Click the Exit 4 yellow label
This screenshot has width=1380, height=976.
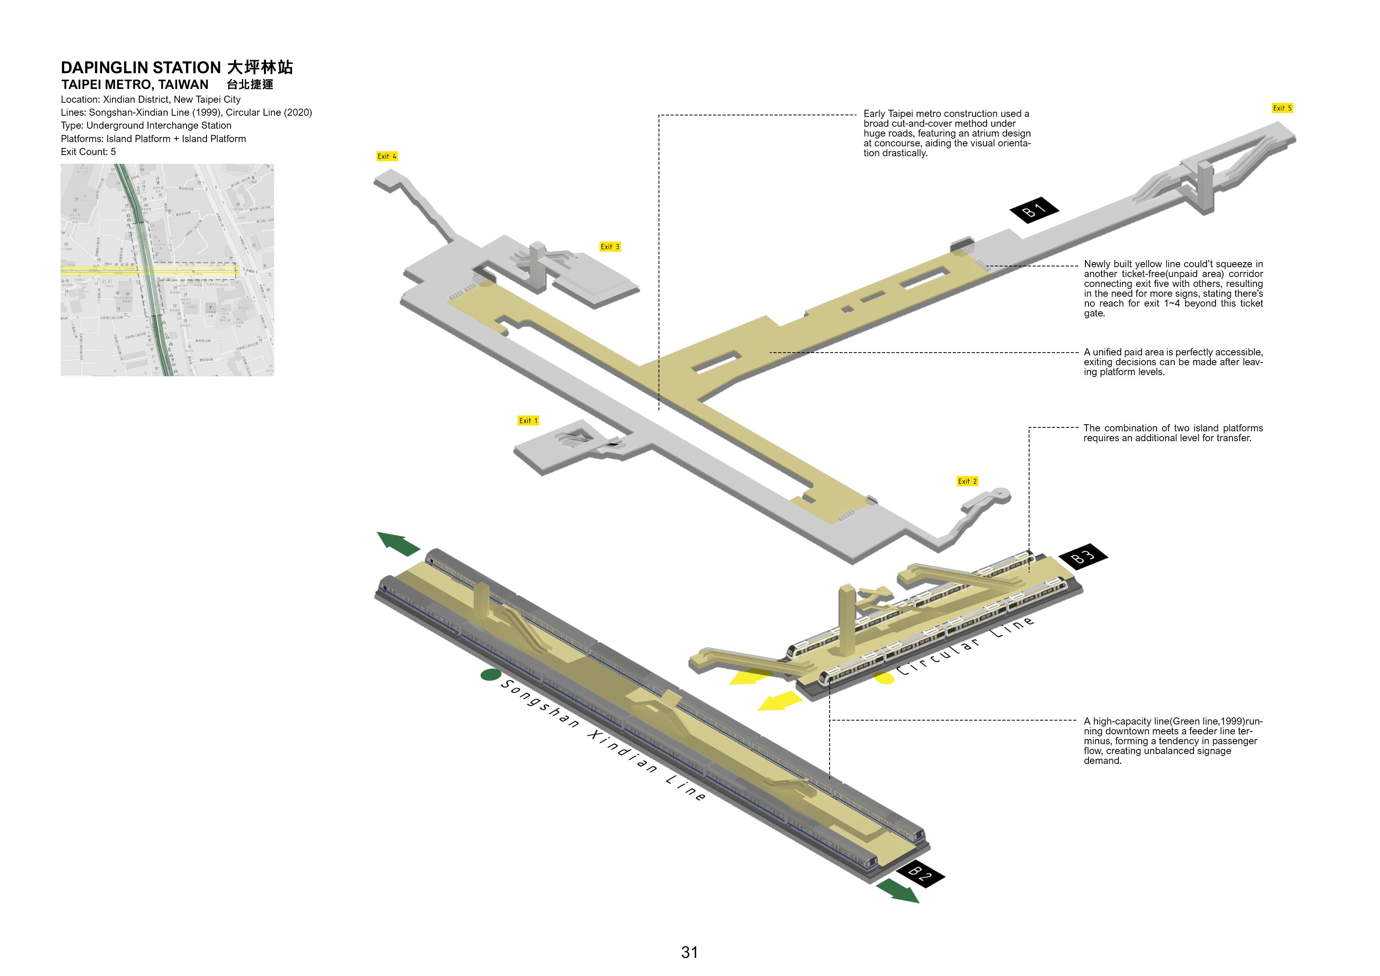tap(386, 156)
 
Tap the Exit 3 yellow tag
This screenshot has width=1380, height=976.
tap(609, 246)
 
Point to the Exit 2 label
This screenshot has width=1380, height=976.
tap(967, 481)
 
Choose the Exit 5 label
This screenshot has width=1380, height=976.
tap(1282, 108)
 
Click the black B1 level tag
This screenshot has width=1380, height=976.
tap(1034, 210)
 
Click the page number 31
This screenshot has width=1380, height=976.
tap(689, 952)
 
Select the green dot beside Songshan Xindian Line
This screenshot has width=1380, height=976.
tap(491, 675)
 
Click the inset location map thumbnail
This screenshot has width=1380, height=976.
tap(167, 270)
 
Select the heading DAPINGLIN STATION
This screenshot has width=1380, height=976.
tap(141, 67)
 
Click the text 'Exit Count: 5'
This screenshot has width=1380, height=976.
tap(89, 152)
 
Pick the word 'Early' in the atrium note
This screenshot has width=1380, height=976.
tap(875, 114)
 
